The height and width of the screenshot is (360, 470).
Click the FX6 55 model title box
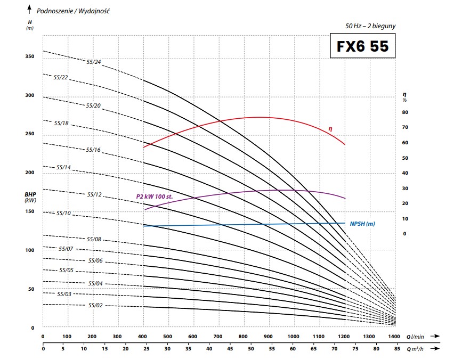pos(363,47)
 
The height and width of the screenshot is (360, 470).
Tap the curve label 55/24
pos(93,62)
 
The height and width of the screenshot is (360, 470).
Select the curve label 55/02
pos(95,305)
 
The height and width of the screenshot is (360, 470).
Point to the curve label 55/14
pos(63,167)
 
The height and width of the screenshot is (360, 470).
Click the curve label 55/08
pos(93,240)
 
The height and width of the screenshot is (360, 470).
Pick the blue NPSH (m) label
pos(362,224)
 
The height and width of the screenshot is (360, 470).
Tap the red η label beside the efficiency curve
pos(330,128)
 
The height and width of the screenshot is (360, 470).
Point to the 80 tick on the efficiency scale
pos(404,112)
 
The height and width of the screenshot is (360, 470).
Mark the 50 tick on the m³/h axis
pos(250,349)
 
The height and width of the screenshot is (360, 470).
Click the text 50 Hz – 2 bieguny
pos(371,26)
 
